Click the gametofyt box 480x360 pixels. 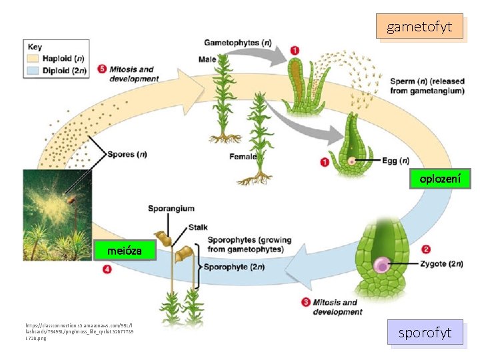coord(419,27)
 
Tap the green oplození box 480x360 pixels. coord(439,179)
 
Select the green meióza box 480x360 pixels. coord(126,251)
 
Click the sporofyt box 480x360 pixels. coord(425,333)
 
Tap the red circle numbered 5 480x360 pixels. coord(101,69)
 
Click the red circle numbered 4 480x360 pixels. coord(107,270)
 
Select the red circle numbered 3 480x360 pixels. coord(306,302)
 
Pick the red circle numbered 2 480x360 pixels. coord(426,250)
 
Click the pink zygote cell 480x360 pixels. coord(382,265)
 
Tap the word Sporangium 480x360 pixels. coord(171,209)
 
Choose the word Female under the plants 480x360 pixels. coord(243,157)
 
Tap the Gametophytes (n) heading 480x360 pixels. coord(237,43)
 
